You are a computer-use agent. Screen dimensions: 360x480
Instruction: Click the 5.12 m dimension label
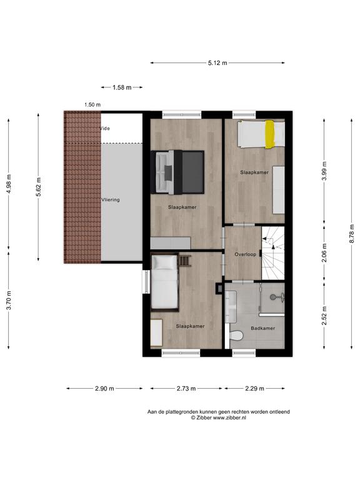(x=217, y=63)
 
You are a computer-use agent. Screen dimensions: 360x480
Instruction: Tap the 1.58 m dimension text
(x=122, y=87)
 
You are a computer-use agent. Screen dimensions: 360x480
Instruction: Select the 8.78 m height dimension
(x=352, y=234)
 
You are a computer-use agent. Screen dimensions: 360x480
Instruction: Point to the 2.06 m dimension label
(x=324, y=253)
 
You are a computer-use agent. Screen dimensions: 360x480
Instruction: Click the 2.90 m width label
(x=104, y=389)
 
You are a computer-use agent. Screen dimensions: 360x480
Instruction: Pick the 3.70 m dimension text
(x=9, y=300)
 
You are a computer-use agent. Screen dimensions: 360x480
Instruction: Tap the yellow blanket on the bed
(x=270, y=134)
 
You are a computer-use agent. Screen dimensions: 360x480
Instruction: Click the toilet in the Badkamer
(x=236, y=336)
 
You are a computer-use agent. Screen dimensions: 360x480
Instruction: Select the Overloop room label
(x=245, y=254)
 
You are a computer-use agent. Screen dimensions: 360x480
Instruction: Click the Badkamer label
(x=263, y=328)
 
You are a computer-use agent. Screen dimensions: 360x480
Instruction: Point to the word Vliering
(x=111, y=199)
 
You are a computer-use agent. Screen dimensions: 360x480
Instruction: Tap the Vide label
(x=105, y=128)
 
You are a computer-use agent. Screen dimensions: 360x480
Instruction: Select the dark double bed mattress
(x=193, y=172)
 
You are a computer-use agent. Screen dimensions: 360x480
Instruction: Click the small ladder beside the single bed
(x=184, y=261)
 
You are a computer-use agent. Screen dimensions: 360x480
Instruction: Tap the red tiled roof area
(x=82, y=187)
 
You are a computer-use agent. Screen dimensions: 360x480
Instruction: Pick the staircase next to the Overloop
(x=272, y=253)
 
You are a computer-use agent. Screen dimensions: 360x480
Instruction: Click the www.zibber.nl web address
(x=229, y=417)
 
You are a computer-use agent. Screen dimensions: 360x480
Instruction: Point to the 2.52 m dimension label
(x=324, y=316)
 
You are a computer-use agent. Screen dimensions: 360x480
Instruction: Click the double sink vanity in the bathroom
(x=231, y=306)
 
